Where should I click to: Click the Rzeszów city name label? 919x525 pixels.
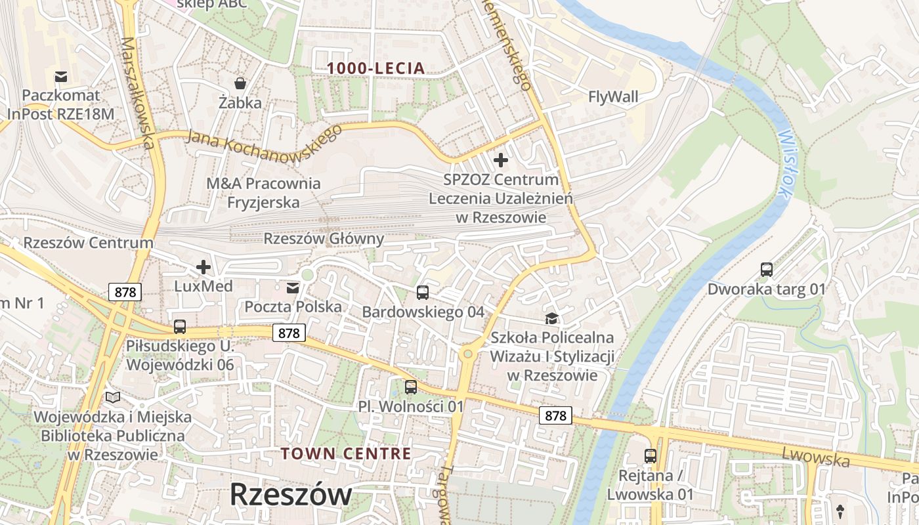(x=290, y=494)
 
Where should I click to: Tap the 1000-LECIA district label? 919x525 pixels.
(x=376, y=68)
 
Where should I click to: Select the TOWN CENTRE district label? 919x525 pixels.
(x=346, y=453)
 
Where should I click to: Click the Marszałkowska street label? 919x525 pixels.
(x=138, y=93)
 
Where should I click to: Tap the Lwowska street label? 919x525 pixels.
(x=815, y=457)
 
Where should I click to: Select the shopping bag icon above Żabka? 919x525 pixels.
(x=240, y=83)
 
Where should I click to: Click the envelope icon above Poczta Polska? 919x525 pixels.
(x=293, y=287)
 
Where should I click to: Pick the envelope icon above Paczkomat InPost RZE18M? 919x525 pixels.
(x=61, y=77)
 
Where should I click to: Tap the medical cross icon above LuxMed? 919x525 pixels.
(x=203, y=267)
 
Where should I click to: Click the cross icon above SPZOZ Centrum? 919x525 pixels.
(x=501, y=159)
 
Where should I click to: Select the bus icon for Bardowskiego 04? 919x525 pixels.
(x=423, y=293)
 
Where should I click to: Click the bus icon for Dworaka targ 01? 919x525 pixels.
(x=766, y=269)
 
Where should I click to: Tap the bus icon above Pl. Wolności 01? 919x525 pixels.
(x=411, y=387)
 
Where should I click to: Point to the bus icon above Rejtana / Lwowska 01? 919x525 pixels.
(x=650, y=455)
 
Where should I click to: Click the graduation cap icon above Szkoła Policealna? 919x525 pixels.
(x=551, y=318)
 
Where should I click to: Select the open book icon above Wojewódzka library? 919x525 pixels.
(x=113, y=397)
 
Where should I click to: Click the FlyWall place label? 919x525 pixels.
(x=613, y=97)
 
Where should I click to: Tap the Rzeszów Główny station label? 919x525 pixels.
(x=324, y=238)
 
